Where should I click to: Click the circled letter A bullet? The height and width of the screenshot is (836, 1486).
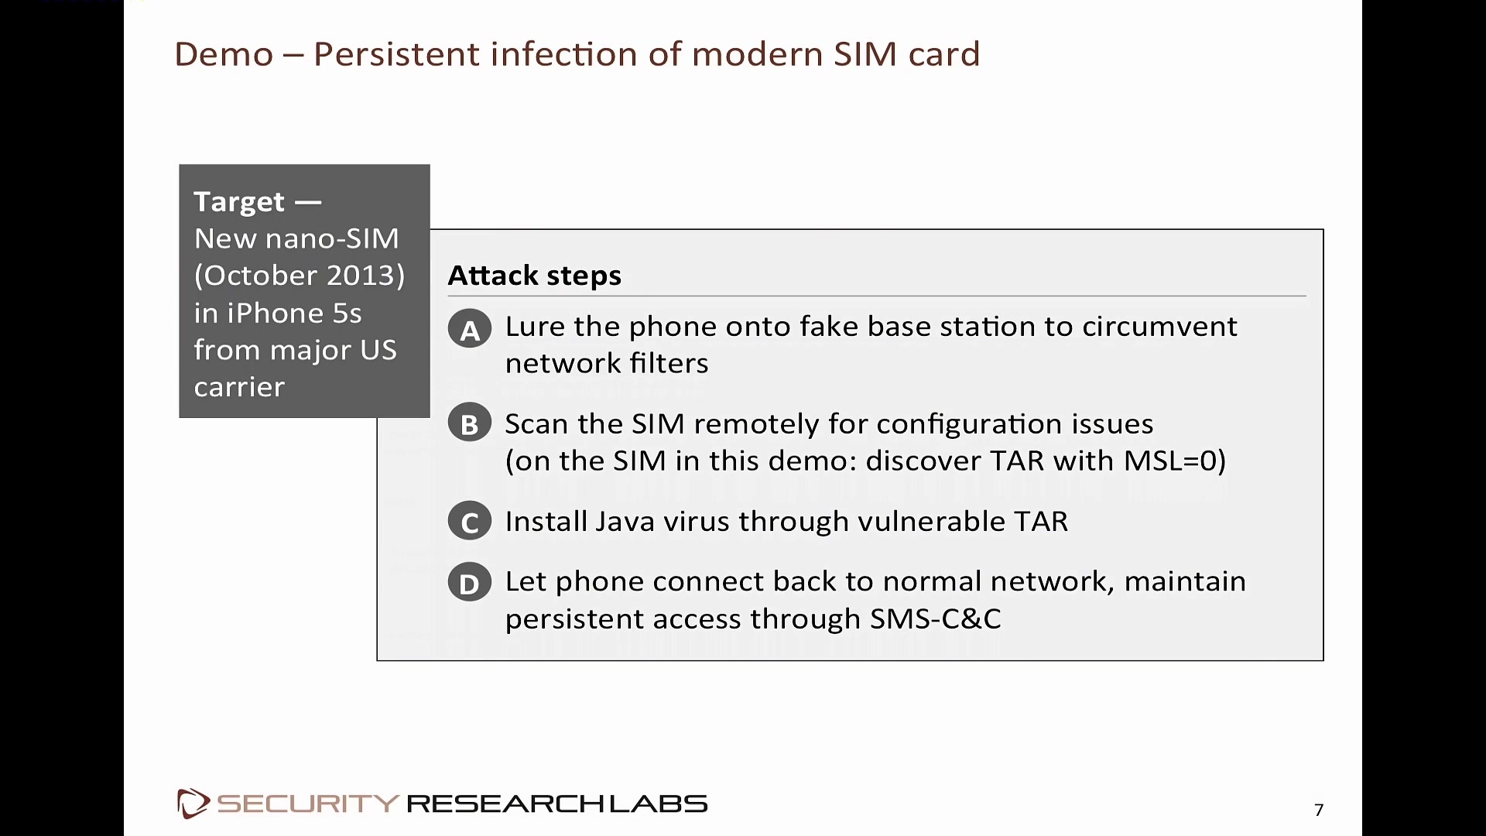point(470,329)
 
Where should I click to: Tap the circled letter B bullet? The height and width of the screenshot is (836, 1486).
point(470,423)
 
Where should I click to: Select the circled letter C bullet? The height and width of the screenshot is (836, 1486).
point(470,521)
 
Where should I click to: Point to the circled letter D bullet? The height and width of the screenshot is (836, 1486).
point(470,582)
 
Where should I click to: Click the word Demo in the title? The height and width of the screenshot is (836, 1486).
point(224,54)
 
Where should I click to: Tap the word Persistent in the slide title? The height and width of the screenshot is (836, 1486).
point(396,54)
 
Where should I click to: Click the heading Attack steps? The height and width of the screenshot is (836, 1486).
point(535,276)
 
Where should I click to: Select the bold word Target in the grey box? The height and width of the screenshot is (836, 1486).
point(239,202)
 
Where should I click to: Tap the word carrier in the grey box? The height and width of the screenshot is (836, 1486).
point(239,387)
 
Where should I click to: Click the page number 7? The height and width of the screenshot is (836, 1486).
point(1319,810)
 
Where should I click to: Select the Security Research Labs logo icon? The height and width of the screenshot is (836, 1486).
point(193,803)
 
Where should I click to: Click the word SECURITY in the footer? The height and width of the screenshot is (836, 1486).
point(308,803)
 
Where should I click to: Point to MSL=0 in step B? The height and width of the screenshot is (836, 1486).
point(1170,461)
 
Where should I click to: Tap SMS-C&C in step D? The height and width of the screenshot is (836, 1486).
point(936,618)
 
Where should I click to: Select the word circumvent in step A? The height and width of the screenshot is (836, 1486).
point(1160,327)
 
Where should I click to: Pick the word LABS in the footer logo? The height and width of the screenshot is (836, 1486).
point(659,803)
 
